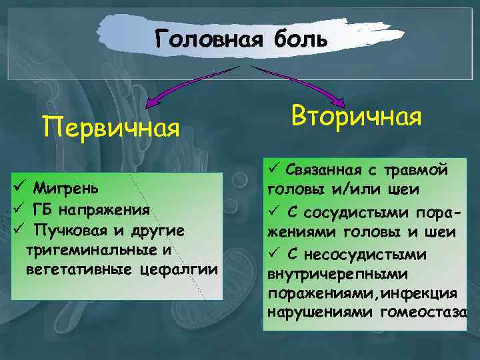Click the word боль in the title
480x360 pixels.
(x=299, y=38)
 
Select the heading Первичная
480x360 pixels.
(x=111, y=125)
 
